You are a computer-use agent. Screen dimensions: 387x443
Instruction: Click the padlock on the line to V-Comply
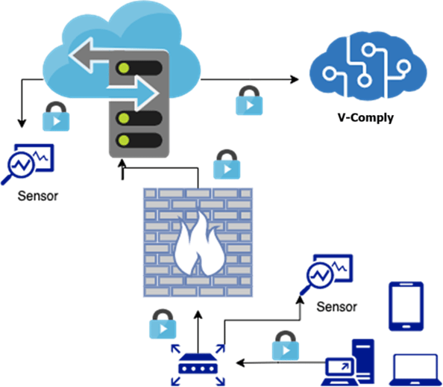247,100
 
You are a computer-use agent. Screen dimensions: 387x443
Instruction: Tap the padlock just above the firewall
225,164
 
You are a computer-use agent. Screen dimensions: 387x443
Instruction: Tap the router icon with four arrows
198,362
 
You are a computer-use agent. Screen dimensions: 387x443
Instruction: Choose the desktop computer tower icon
363,361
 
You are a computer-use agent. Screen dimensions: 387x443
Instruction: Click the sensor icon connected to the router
326,275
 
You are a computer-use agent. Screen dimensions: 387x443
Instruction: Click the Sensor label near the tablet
336,307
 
